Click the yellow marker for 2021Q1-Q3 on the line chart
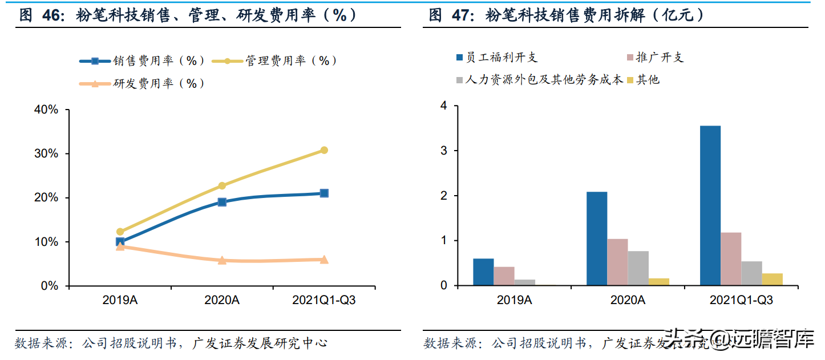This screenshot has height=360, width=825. [x=324, y=150]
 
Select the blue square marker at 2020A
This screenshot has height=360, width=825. [x=222, y=202]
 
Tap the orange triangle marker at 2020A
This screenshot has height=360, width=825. [x=222, y=260]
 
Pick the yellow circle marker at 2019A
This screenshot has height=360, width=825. [x=120, y=232]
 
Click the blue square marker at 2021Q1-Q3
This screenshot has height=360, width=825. [x=324, y=193]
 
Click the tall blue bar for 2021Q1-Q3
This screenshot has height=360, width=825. [x=710, y=205]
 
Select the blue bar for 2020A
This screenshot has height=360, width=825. [x=597, y=238]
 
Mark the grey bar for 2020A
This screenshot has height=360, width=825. [x=638, y=268]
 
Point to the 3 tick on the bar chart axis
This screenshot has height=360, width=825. [x=443, y=151]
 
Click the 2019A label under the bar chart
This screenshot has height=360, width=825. [x=514, y=300]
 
